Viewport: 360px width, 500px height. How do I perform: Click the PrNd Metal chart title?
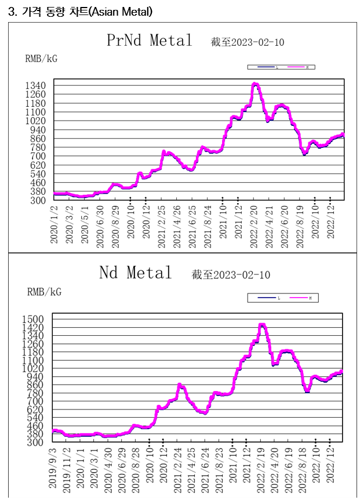(x=149, y=41)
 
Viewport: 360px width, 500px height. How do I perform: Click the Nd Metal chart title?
(x=136, y=273)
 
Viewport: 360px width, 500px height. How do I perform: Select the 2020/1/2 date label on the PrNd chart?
(x=54, y=227)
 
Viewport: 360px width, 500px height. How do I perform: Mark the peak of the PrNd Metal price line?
(x=255, y=84)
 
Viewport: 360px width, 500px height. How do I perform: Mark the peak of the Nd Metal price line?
(x=262, y=325)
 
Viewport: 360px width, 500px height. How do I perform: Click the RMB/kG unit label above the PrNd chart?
(x=41, y=58)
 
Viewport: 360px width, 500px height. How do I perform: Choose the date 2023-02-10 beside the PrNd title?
(x=257, y=42)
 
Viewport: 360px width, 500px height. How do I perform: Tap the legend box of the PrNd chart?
(x=282, y=67)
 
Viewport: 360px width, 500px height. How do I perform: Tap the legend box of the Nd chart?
(x=283, y=298)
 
